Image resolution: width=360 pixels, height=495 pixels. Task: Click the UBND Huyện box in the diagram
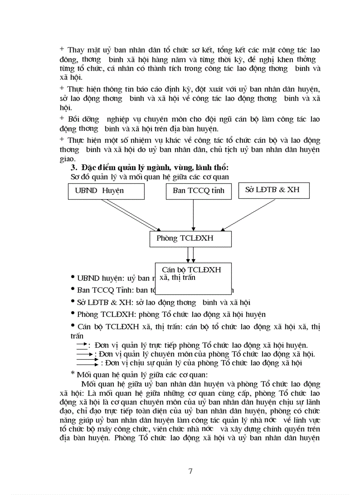click(106, 191)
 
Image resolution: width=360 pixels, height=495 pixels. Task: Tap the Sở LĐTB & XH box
click(274, 190)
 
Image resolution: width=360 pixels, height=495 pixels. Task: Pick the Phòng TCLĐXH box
click(190, 238)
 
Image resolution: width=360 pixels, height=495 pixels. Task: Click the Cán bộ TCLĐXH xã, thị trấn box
click(193, 278)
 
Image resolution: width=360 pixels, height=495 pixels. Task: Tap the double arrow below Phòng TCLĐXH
click(191, 254)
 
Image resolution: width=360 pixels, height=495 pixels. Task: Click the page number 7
click(190, 471)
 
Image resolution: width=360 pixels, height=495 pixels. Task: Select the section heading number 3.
click(73, 168)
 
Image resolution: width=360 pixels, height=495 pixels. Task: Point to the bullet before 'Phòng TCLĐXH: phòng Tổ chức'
click(73, 314)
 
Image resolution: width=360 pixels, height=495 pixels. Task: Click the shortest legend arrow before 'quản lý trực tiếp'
click(82, 344)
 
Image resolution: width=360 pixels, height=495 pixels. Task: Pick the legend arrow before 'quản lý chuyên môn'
click(85, 354)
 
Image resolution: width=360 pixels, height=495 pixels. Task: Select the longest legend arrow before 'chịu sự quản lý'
click(87, 363)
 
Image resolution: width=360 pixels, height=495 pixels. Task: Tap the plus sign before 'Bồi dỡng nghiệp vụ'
click(62, 118)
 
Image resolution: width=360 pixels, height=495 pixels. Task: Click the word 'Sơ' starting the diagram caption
click(75, 177)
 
